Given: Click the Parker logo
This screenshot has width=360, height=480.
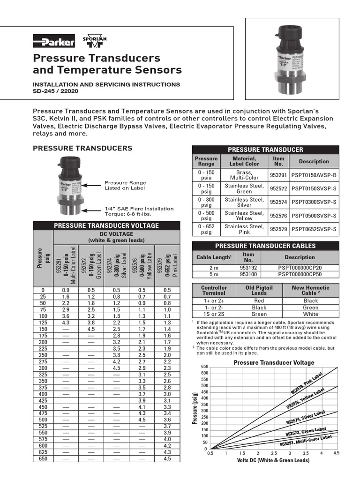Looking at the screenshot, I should pos(53,42).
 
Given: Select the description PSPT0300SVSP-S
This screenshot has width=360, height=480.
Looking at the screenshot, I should pos(314,202).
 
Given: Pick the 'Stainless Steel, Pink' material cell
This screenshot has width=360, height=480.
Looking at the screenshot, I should pos(244,229).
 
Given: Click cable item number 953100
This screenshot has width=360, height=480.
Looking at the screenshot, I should pos(248,274).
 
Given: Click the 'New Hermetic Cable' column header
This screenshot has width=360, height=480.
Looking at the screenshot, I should pos(310,290).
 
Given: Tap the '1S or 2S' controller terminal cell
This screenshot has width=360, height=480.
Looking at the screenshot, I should pos(214,314).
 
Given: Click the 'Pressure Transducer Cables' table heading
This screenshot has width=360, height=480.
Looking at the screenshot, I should pos(265,246).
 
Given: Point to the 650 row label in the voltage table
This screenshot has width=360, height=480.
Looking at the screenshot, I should pos(43,458).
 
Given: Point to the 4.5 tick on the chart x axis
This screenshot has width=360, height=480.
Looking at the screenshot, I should pos(336,453).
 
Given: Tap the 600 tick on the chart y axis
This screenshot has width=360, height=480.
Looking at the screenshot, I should pos(204,373).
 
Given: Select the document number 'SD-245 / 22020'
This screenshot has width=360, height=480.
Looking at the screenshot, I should pos(55,91).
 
